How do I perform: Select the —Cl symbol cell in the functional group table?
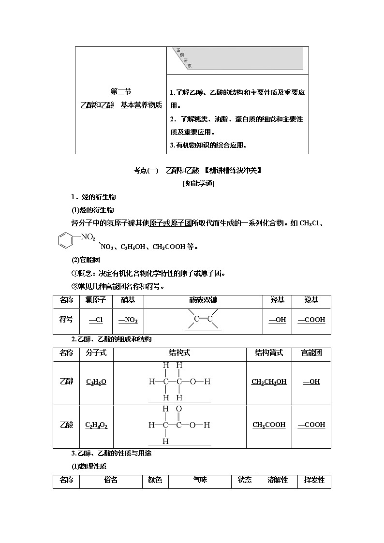[x=96, y=320]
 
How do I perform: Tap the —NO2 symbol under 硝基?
[x=128, y=320]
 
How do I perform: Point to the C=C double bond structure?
[x=203, y=319]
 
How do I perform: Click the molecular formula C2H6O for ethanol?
[x=96, y=382]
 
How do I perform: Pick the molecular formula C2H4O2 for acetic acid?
[x=96, y=426]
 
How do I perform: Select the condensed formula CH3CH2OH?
[x=269, y=382]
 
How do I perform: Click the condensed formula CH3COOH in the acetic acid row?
[x=269, y=425]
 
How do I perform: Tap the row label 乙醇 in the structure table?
[x=67, y=382]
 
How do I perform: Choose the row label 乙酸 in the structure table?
[x=67, y=425]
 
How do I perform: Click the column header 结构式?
[x=179, y=353]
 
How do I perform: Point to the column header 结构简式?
[x=269, y=353]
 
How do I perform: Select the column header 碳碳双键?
[x=203, y=300]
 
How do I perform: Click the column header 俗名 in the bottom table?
[x=111, y=480]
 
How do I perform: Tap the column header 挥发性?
[x=314, y=480]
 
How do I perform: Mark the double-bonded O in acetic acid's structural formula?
[x=179, y=409]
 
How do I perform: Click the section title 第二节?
[x=120, y=92]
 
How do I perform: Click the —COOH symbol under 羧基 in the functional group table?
[x=311, y=320]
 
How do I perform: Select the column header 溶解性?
[x=278, y=480]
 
